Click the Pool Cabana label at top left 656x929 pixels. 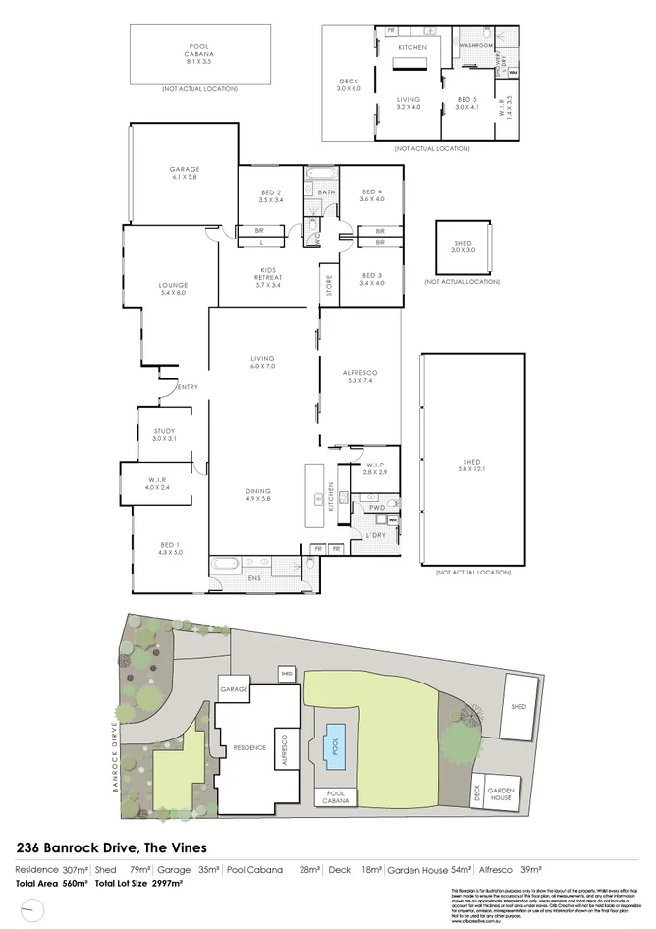click(x=198, y=53)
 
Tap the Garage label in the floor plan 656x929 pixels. click(x=184, y=173)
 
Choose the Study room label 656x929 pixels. click(x=164, y=434)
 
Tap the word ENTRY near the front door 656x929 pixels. click(x=187, y=387)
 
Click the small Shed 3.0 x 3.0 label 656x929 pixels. click(x=462, y=246)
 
